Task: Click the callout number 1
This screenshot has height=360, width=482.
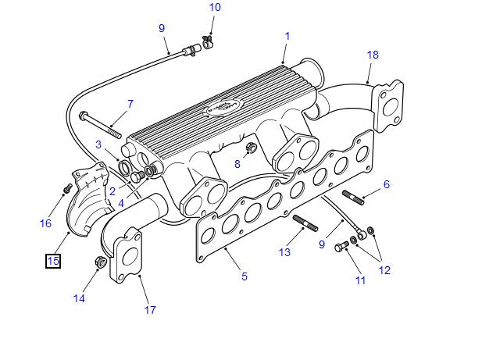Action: coord(287,36)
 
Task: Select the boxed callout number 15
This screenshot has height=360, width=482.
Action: coord(52,261)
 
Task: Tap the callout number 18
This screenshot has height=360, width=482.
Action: coord(373,55)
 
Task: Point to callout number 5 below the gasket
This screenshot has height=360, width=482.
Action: coord(244,276)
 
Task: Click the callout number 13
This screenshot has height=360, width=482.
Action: coord(284,252)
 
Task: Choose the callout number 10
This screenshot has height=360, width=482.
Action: coord(215,8)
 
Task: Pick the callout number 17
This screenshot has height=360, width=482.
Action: coord(150,310)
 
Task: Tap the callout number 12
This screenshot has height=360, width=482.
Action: coord(384,271)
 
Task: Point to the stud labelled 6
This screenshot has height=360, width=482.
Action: coord(353,198)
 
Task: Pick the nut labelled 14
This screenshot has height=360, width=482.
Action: coord(100,262)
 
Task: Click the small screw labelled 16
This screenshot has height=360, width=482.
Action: coord(67,188)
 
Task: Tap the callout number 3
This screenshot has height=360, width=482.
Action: coord(98,144)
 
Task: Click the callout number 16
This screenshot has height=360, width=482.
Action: coord(45,223)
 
